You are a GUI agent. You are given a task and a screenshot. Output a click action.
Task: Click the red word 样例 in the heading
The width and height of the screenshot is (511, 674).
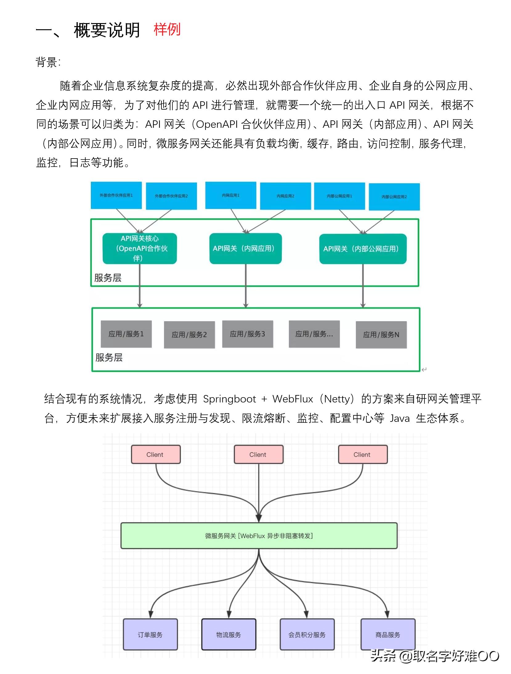coord(167,30)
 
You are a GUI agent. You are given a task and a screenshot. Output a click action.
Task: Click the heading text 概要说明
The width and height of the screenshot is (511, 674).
coord(107,30)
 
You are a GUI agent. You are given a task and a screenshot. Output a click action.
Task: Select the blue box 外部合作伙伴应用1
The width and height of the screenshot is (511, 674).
coord(116,195)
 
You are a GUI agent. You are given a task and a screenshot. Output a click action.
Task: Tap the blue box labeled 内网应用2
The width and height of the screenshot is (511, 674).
coord(285,196)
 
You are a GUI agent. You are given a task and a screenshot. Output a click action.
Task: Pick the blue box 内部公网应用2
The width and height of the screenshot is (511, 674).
coord(394,197)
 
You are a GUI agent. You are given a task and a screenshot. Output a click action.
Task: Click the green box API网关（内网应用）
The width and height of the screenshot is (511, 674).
coord(245,248)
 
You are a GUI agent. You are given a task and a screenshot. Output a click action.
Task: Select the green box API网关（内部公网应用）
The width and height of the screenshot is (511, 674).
coord(363,249)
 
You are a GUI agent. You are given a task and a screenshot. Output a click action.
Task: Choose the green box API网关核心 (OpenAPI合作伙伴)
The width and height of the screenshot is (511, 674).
coord(140,248)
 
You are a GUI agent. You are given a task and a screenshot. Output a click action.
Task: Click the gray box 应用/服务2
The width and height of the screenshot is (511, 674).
coord(189,335)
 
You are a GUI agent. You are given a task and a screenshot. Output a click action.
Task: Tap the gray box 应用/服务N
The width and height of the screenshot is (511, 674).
coord(381,335)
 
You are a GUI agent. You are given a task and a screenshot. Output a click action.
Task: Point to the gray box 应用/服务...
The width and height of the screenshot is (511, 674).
coord(314,334)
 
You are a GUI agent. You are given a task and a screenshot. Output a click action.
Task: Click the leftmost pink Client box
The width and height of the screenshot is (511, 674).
coord(156,454)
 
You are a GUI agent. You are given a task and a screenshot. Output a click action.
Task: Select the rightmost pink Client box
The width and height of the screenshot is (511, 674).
coord(363,454)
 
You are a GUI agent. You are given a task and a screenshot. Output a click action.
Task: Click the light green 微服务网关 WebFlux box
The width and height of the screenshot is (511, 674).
coord(259,536)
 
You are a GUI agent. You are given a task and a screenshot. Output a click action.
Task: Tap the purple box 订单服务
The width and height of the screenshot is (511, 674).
coord(150,635)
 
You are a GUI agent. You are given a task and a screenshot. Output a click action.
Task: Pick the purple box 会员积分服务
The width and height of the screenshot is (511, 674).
coord(307,635)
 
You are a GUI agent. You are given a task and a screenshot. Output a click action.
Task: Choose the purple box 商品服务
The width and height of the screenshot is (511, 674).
coord(388,635)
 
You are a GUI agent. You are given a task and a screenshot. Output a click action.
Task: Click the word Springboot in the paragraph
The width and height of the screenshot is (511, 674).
coord(229,399)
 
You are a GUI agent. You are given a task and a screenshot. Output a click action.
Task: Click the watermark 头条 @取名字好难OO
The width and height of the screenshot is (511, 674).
coord(434,656)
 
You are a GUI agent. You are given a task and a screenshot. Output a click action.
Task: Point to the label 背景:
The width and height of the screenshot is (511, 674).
coord(48,63)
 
